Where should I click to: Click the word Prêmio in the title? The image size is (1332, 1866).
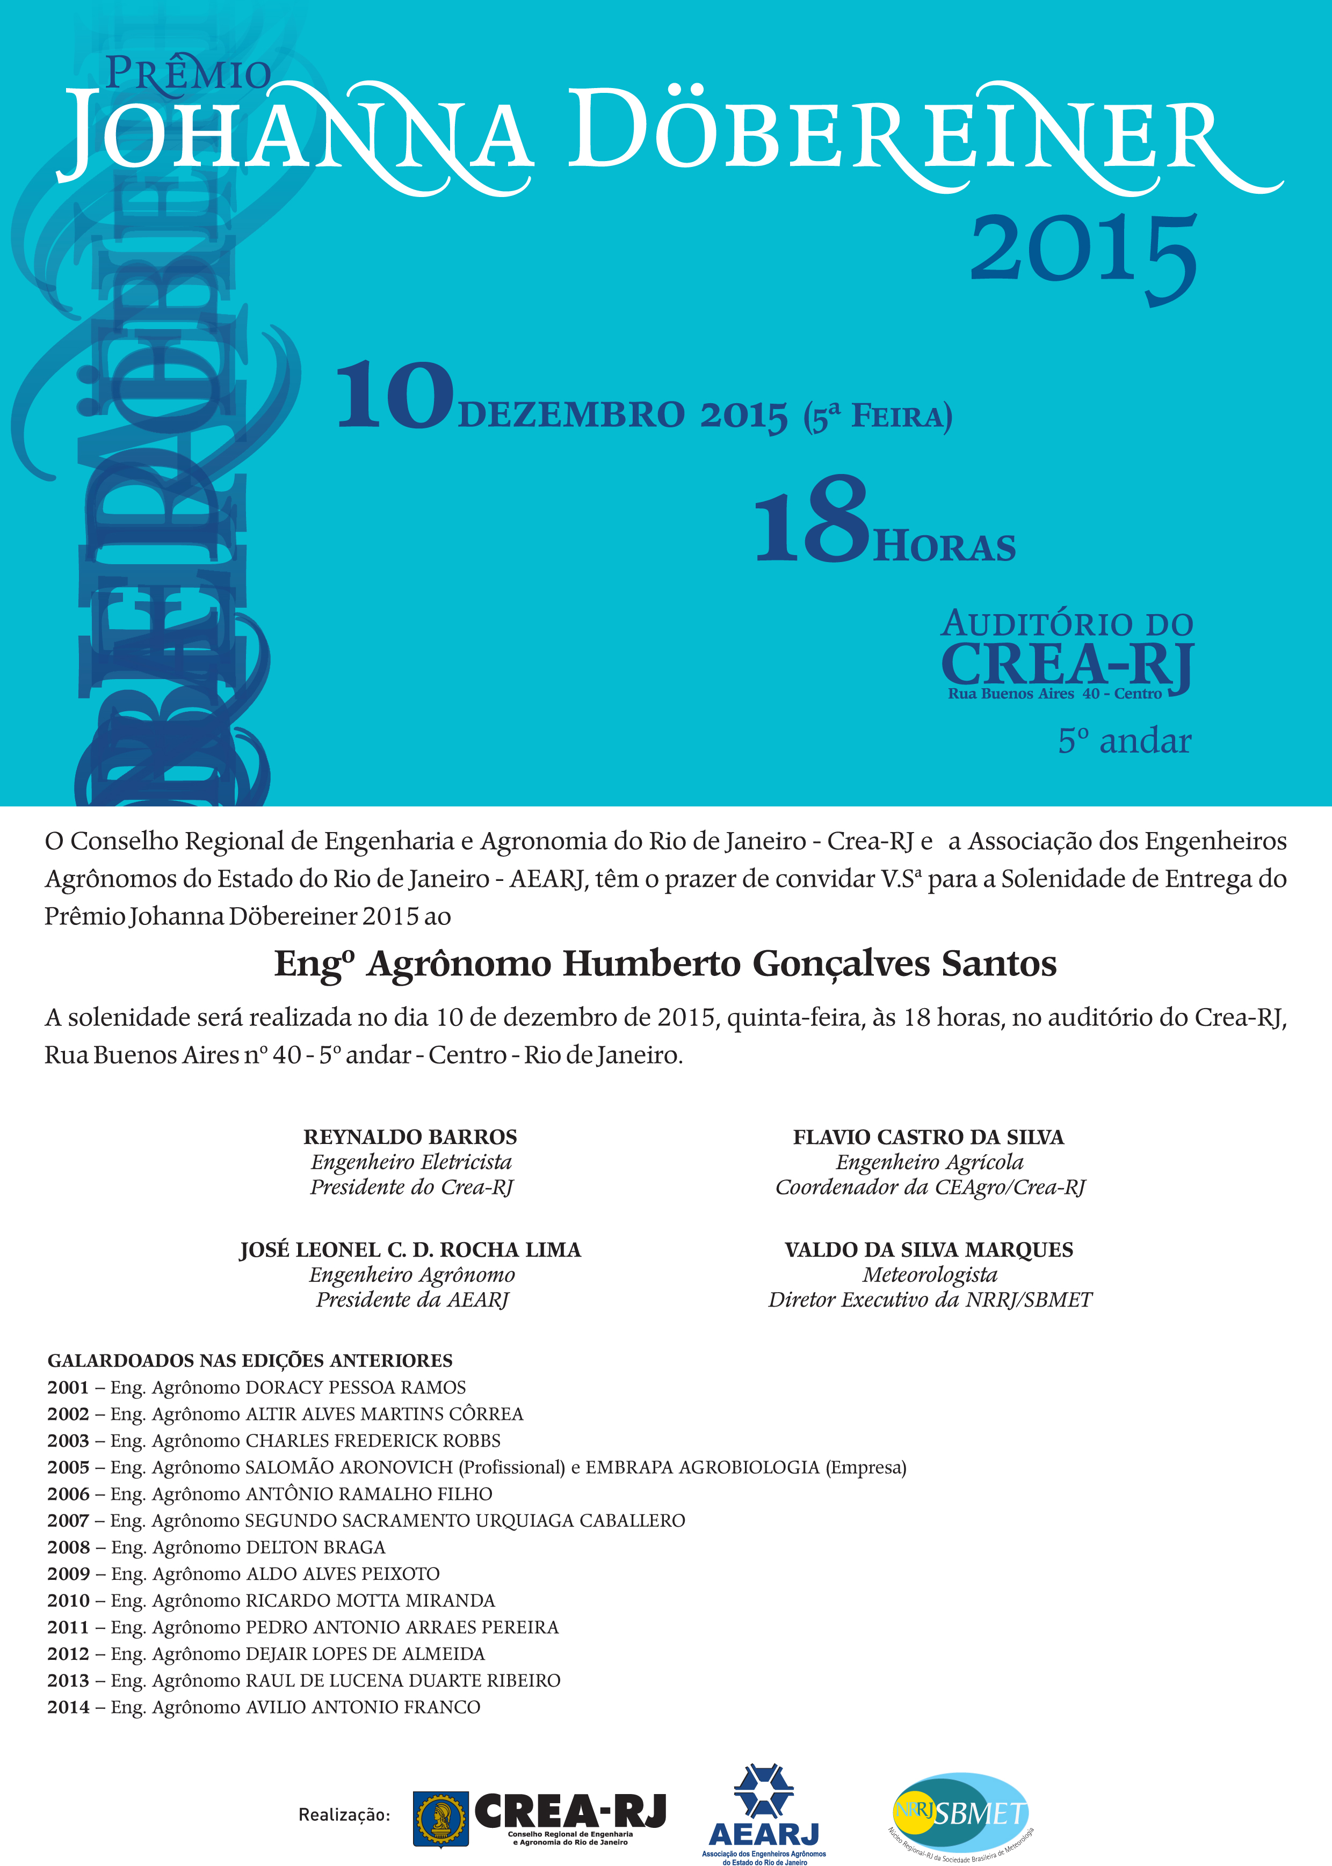(188, 73)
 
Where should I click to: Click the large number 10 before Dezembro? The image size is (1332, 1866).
(395, 397)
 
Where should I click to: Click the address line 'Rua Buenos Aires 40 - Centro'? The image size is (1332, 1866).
(1054, 694)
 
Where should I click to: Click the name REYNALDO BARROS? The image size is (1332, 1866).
(410, 1136)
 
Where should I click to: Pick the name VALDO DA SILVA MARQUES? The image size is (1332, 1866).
(929, 1250)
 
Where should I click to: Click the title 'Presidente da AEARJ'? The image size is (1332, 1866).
(412, 1300)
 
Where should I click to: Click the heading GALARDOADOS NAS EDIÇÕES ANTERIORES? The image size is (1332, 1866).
(250, 1360)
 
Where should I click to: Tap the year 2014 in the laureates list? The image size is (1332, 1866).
(68, 1707)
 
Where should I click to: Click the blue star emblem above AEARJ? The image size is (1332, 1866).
(763, 1792)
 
